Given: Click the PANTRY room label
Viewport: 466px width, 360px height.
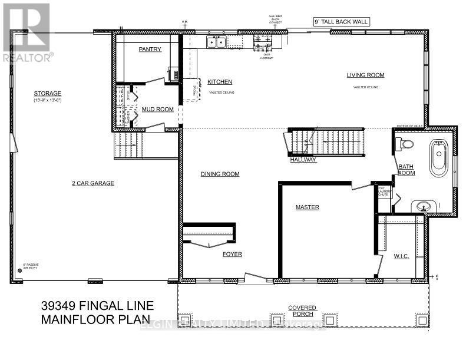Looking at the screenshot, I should click(x=150, y=49).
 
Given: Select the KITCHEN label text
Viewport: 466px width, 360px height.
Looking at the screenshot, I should click(x=220, y=82).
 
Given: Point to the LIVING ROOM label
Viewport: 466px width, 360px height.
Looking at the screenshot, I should click(x=365, y=75).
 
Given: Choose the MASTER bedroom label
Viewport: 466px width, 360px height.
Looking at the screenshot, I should click(x=307, y=207).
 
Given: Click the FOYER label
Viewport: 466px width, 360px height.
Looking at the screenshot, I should click(x=232, y=255).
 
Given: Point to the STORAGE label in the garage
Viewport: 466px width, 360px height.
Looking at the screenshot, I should click(x=48, y=94).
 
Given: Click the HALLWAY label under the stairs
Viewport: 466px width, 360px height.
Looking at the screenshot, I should click(x=303, y=160).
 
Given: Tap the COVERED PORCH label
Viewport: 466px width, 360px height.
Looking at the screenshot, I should click(x=303, y=311).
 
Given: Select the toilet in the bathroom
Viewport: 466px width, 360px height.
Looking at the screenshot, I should click(x=405, y=143).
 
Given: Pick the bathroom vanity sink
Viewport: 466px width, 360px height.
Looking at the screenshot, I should click(x=422, y=206).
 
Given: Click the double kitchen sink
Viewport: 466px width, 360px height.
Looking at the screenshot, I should click(x=216, y=42).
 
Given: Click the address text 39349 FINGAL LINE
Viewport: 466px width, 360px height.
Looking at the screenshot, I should click(x=97, y=305).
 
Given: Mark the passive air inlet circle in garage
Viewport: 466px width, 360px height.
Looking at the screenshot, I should click(x=19, y=270).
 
